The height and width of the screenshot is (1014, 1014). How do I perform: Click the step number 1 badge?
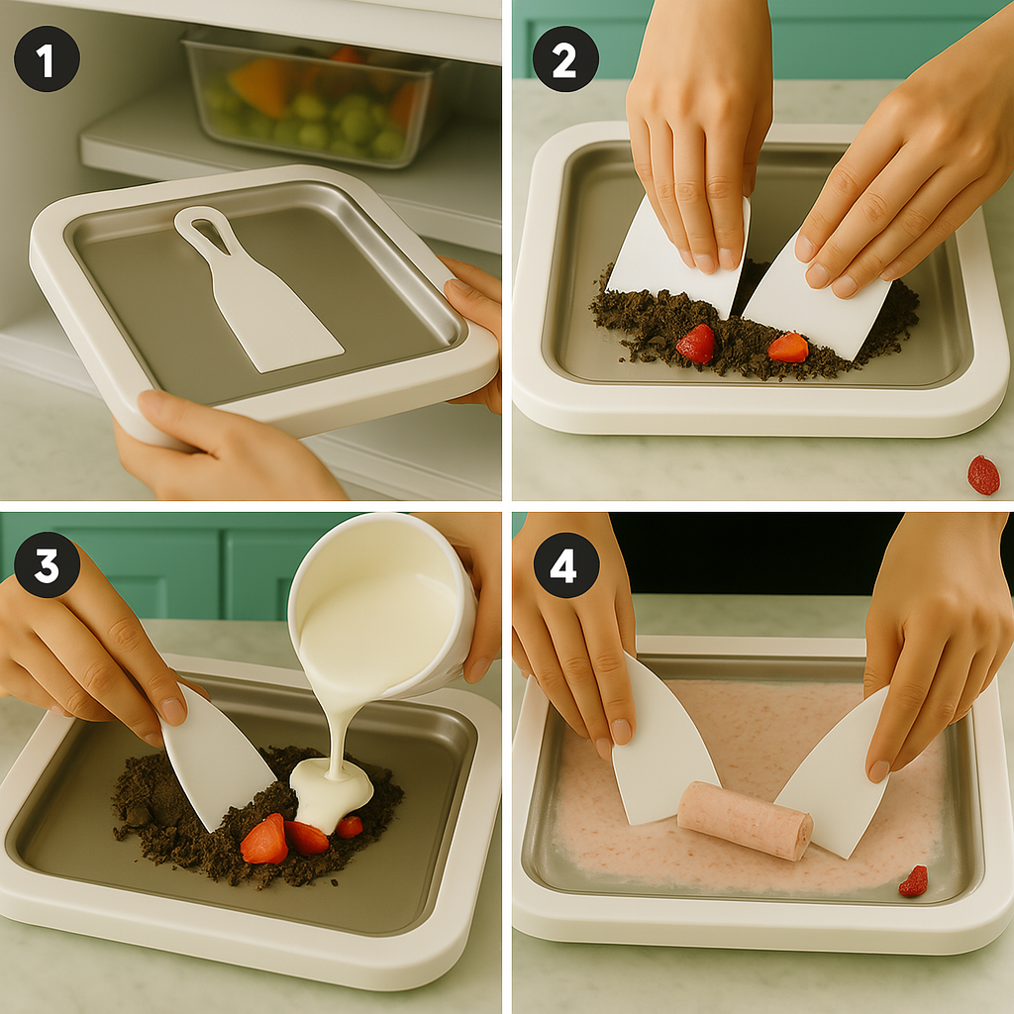coord(47,58)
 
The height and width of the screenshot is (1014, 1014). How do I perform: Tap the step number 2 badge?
coord(565,58)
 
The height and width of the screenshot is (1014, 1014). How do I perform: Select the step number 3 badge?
coord(47,564)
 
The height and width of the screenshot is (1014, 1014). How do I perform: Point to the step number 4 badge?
coord(565,565)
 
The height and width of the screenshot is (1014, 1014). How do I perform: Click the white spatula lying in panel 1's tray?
coord(258,291)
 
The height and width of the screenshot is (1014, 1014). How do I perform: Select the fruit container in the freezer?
coord(314,100)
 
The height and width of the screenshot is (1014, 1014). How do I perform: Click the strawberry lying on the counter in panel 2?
coord(983,475)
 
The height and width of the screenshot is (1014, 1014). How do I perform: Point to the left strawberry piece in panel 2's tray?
coord(696,344)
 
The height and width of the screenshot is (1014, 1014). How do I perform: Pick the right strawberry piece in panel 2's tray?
coord(789,348)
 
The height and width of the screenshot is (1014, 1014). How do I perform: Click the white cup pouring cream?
coord(381,608)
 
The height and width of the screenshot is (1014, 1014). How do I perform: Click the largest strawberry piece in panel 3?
coord(264,840)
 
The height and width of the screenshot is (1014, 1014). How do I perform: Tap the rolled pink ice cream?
coord(745,820)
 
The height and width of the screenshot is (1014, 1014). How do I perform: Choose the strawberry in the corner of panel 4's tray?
coord(913,881)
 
